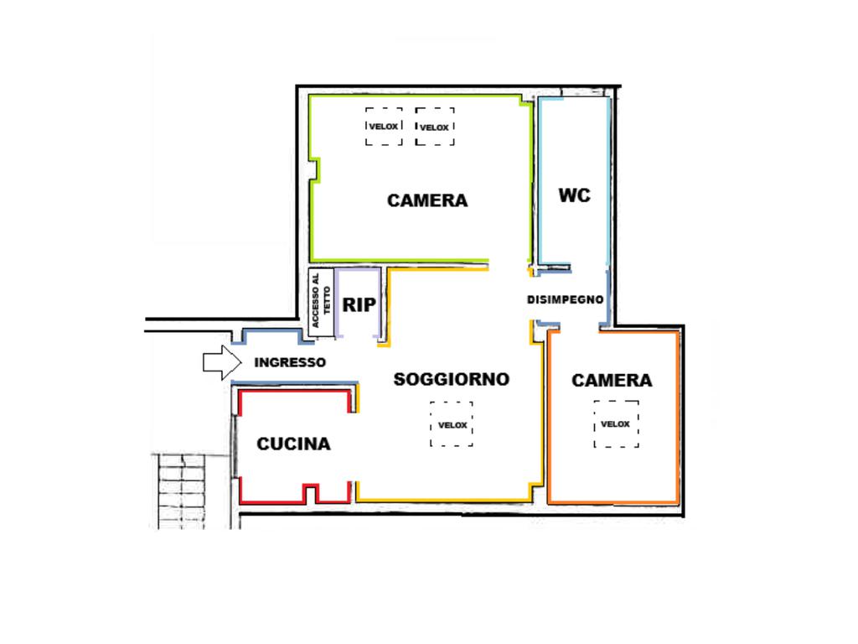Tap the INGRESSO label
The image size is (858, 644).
coord(289,363)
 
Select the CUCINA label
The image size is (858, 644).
coord(293,444)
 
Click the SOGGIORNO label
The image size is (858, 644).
coord(451,379)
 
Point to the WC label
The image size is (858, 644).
coord(574,195)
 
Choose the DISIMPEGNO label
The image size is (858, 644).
coord(566,299)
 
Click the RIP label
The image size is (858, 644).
coord(359,305)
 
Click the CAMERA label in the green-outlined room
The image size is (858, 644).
coord(426,200)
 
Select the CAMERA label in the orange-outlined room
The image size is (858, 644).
coord(612,380)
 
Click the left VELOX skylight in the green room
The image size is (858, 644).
coord(384,127)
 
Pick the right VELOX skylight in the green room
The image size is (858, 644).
coord(434,127)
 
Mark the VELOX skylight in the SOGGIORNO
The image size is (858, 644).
coord(452,424)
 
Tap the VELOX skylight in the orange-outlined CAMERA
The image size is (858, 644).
coord(616,423)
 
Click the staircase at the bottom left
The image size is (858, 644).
coord(182,490)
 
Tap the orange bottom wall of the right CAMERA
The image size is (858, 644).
coord(613,502)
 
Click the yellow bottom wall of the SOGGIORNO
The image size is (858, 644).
coord(444,501)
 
